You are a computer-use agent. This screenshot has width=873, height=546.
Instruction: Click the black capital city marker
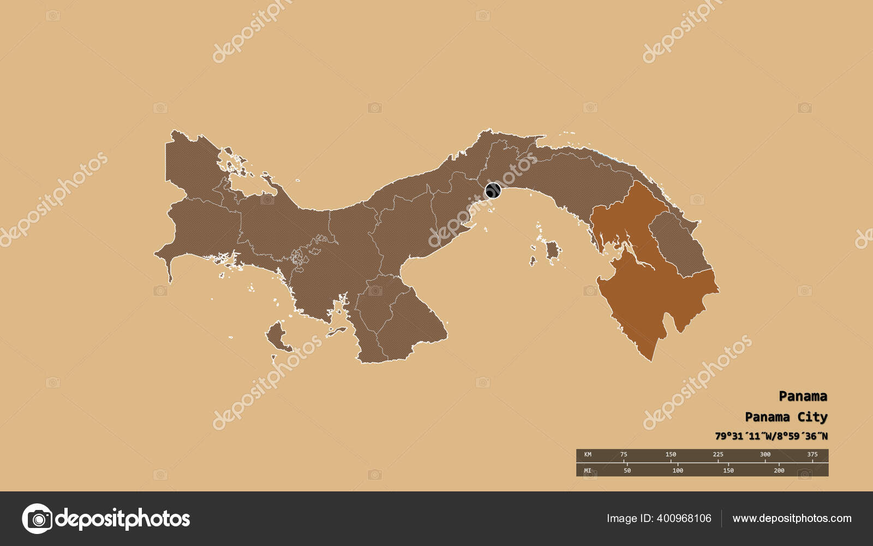coord(493,191)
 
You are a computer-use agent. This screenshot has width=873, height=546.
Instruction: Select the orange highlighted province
coord(649,284)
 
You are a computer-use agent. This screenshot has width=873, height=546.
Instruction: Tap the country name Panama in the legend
coord(802,396)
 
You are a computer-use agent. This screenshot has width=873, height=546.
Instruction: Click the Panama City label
coord(786,417)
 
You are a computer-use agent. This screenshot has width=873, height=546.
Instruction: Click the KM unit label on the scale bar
coord(588,454)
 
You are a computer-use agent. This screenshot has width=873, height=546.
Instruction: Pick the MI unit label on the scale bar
coord(588,470)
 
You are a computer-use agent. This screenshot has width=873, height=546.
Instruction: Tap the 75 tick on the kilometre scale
coord(624,454)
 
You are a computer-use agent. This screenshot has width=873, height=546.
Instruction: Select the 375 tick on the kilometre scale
coord(812,454)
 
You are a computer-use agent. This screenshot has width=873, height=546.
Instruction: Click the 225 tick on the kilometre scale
coord(718,454)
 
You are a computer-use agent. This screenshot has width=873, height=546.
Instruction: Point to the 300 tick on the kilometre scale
coord(765,454)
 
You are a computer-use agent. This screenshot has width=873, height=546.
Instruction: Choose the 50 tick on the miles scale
coord(627,470)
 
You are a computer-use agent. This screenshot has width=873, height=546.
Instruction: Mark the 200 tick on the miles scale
coord(779,470)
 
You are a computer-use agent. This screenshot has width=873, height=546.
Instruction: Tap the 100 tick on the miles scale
coord(678,470)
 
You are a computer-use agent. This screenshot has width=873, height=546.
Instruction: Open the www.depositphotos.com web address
coord(792,518)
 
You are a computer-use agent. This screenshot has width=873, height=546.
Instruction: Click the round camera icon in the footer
coord(37,518)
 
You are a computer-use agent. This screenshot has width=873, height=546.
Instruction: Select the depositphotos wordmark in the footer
coord(123,518)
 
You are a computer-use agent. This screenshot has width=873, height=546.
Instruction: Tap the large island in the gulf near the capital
coord(552,251)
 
